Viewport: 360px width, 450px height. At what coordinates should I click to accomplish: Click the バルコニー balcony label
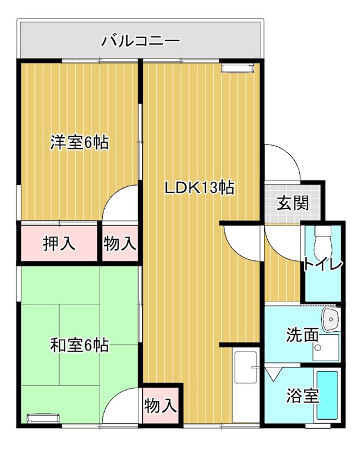click(x=141, y=41)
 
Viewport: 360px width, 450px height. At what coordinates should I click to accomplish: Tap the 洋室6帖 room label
click(x=79, y=142)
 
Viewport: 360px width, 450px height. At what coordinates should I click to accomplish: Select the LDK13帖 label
click(x=199, y=188)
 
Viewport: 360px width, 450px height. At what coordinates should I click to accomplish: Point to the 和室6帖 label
click(x=79, y=344)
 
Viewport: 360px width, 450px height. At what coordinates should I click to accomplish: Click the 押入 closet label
click(x=59, y=244)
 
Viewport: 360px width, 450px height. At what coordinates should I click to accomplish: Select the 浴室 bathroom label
click(x=303, y=396)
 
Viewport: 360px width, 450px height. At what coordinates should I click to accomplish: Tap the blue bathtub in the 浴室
click(x=327, y=396)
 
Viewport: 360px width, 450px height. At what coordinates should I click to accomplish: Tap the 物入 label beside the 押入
click(x=120, y=244)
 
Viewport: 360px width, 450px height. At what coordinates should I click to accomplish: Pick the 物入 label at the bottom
click(x=161, y=404)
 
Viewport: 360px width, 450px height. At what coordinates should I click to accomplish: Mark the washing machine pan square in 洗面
click(x=327, y=347)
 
